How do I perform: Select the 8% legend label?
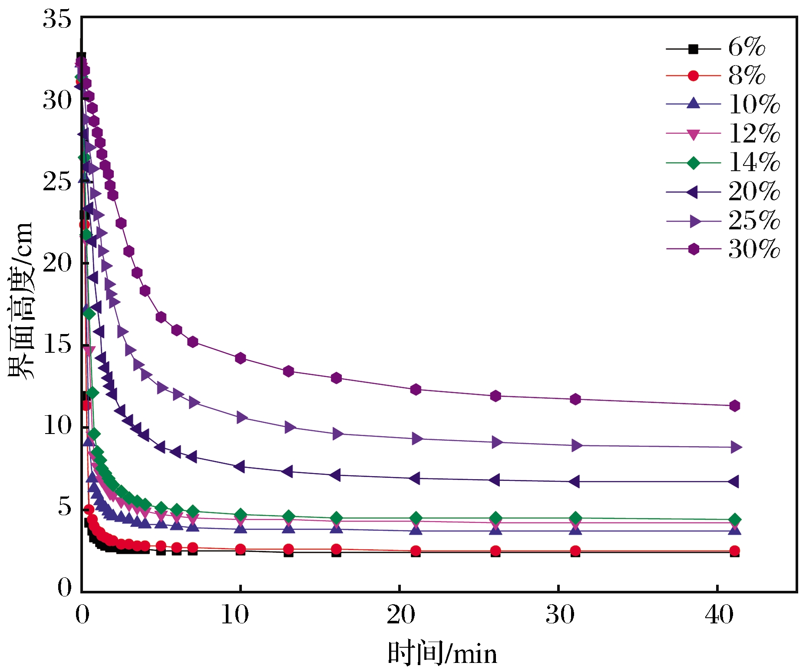click(746, 76)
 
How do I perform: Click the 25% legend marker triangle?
click(694, 221)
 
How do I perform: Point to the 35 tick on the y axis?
click(57, 20)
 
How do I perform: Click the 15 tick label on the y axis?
click(57, 344)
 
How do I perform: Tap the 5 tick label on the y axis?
click(64, 507)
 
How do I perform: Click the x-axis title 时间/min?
click(442, 653)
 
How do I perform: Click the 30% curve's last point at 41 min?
click(734, 406)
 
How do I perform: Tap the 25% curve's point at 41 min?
click(735, 447)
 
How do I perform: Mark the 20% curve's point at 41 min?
click(733, 481)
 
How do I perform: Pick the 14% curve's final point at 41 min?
click(734, 520)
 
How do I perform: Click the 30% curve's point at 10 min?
click(240, 358)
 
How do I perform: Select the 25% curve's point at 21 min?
click(416, 439)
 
